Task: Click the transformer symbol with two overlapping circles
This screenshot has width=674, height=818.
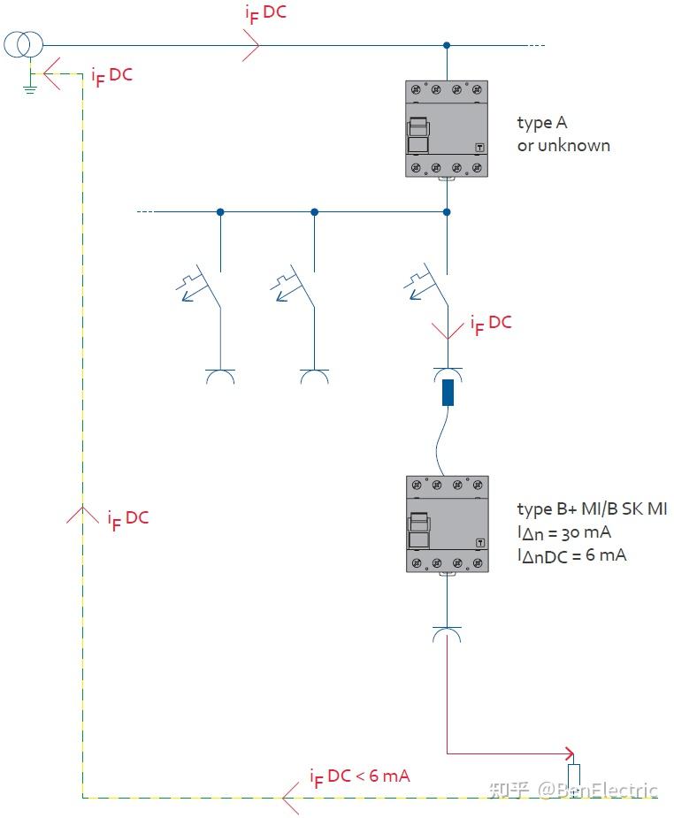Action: point(22,44)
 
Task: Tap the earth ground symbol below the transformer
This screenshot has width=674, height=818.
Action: point(28,84)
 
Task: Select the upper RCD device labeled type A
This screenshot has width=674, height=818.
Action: point(447,129)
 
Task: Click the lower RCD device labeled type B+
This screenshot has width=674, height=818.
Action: point(447,524)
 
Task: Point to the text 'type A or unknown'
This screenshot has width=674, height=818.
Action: point(563,134)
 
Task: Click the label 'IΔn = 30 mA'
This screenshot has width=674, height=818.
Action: point(564,532)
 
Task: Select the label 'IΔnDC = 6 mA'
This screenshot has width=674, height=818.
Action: point(571,555)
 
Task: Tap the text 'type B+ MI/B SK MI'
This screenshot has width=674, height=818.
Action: point(592,509)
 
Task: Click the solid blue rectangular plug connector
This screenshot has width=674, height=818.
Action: point(448,392)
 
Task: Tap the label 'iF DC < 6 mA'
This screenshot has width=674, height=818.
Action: point(359,776)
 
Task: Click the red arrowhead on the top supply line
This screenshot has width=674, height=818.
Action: point(251,44)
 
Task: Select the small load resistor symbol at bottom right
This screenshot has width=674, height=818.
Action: point(574,776)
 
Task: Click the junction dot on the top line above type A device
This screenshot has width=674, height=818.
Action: point(447,44)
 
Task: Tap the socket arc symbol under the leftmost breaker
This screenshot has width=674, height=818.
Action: point(219,377)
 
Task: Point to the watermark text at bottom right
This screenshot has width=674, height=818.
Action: point(575,789)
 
